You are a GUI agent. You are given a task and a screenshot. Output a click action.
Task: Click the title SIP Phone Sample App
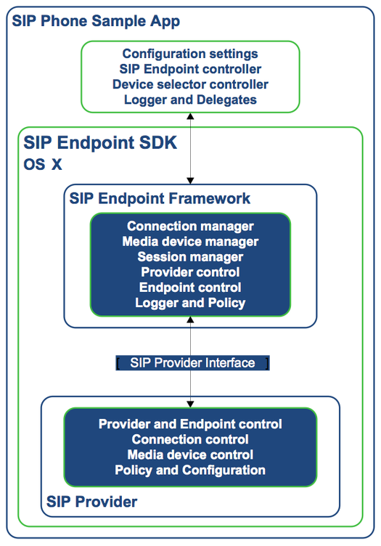[x=96, y=21]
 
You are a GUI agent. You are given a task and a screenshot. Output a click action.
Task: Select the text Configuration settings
[x=190, y=54]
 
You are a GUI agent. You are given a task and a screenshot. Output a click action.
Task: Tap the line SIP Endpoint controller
[x=190, y=69]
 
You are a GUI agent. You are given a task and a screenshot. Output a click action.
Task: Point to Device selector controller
[x=190, y=84]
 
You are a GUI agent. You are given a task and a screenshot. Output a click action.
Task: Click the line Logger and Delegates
[x=190, y=99]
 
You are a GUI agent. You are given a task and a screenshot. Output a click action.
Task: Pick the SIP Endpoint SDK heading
[x=100, y=142]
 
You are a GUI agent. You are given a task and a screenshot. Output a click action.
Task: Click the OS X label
[x=42, y=164]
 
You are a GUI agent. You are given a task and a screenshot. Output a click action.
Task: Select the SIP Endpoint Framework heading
[x=160, y=198]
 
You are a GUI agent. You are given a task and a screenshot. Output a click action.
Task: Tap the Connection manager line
[x=190, y=226]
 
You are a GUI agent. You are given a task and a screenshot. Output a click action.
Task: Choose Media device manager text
[x=190, y=241]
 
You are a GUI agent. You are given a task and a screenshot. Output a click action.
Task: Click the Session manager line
[x=190, y=256]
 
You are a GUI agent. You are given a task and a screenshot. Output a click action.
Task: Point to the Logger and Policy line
[x=190, y=303]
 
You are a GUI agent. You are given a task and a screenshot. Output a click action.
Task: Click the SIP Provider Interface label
[x=192, y=363]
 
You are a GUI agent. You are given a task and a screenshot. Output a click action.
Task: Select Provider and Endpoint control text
[x=190, y=424]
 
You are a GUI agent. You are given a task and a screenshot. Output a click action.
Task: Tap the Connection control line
[x=190, y=439]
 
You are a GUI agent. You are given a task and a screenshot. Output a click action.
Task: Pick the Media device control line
[x=190, y=455]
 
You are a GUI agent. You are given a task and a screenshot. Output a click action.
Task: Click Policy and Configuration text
[x=190, y=470]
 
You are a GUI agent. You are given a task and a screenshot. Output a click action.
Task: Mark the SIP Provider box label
[x=92, y=502]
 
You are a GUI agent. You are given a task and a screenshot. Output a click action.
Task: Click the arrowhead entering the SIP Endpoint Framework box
[x=190, y=181]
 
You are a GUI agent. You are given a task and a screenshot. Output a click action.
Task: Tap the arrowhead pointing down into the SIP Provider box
[x=190, y=404]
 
